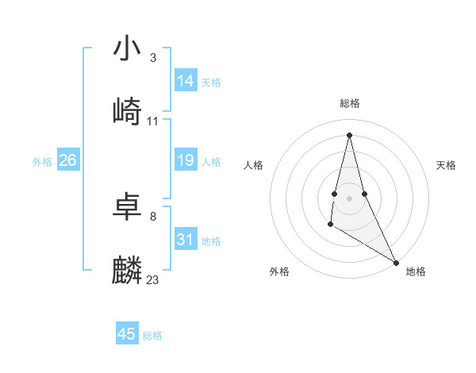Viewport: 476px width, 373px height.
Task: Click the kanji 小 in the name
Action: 127,48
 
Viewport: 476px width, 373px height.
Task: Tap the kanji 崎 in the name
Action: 127,112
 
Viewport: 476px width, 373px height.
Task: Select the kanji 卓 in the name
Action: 127,207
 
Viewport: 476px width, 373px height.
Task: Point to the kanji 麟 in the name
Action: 127,271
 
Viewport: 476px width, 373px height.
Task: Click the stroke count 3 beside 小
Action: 152,58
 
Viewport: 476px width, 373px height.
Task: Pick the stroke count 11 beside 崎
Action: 153,121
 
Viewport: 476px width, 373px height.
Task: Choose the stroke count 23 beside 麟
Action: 153,280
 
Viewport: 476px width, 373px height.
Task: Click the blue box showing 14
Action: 186,81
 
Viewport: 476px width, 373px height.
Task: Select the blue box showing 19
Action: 186,160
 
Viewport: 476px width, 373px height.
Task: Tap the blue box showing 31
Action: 186,240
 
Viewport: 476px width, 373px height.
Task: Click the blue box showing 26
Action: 67,160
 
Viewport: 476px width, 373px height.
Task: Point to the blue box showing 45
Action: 127,334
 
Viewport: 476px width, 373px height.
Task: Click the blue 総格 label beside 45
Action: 152,336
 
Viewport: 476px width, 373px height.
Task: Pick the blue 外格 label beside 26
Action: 42,162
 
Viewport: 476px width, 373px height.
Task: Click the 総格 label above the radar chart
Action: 350,103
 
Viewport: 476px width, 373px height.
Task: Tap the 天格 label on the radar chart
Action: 447,165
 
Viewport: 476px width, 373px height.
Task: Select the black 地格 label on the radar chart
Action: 416,271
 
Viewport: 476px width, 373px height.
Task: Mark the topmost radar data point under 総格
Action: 349,134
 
